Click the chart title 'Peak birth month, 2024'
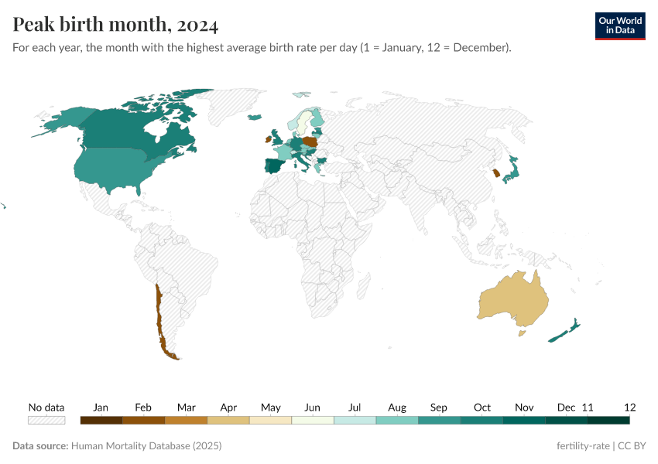click(115, 25)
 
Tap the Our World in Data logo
click(619, 26)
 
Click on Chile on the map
click(160, 325)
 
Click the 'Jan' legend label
click(101, 408)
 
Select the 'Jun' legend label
click(313, 408)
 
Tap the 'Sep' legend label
click(439, 408)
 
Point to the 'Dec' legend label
click(566, 408)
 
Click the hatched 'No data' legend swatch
click(46, 420)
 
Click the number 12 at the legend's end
click(629, 408)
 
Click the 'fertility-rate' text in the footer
click(584, 446)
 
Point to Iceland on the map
click(254, 118)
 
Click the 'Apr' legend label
click(228, 408)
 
